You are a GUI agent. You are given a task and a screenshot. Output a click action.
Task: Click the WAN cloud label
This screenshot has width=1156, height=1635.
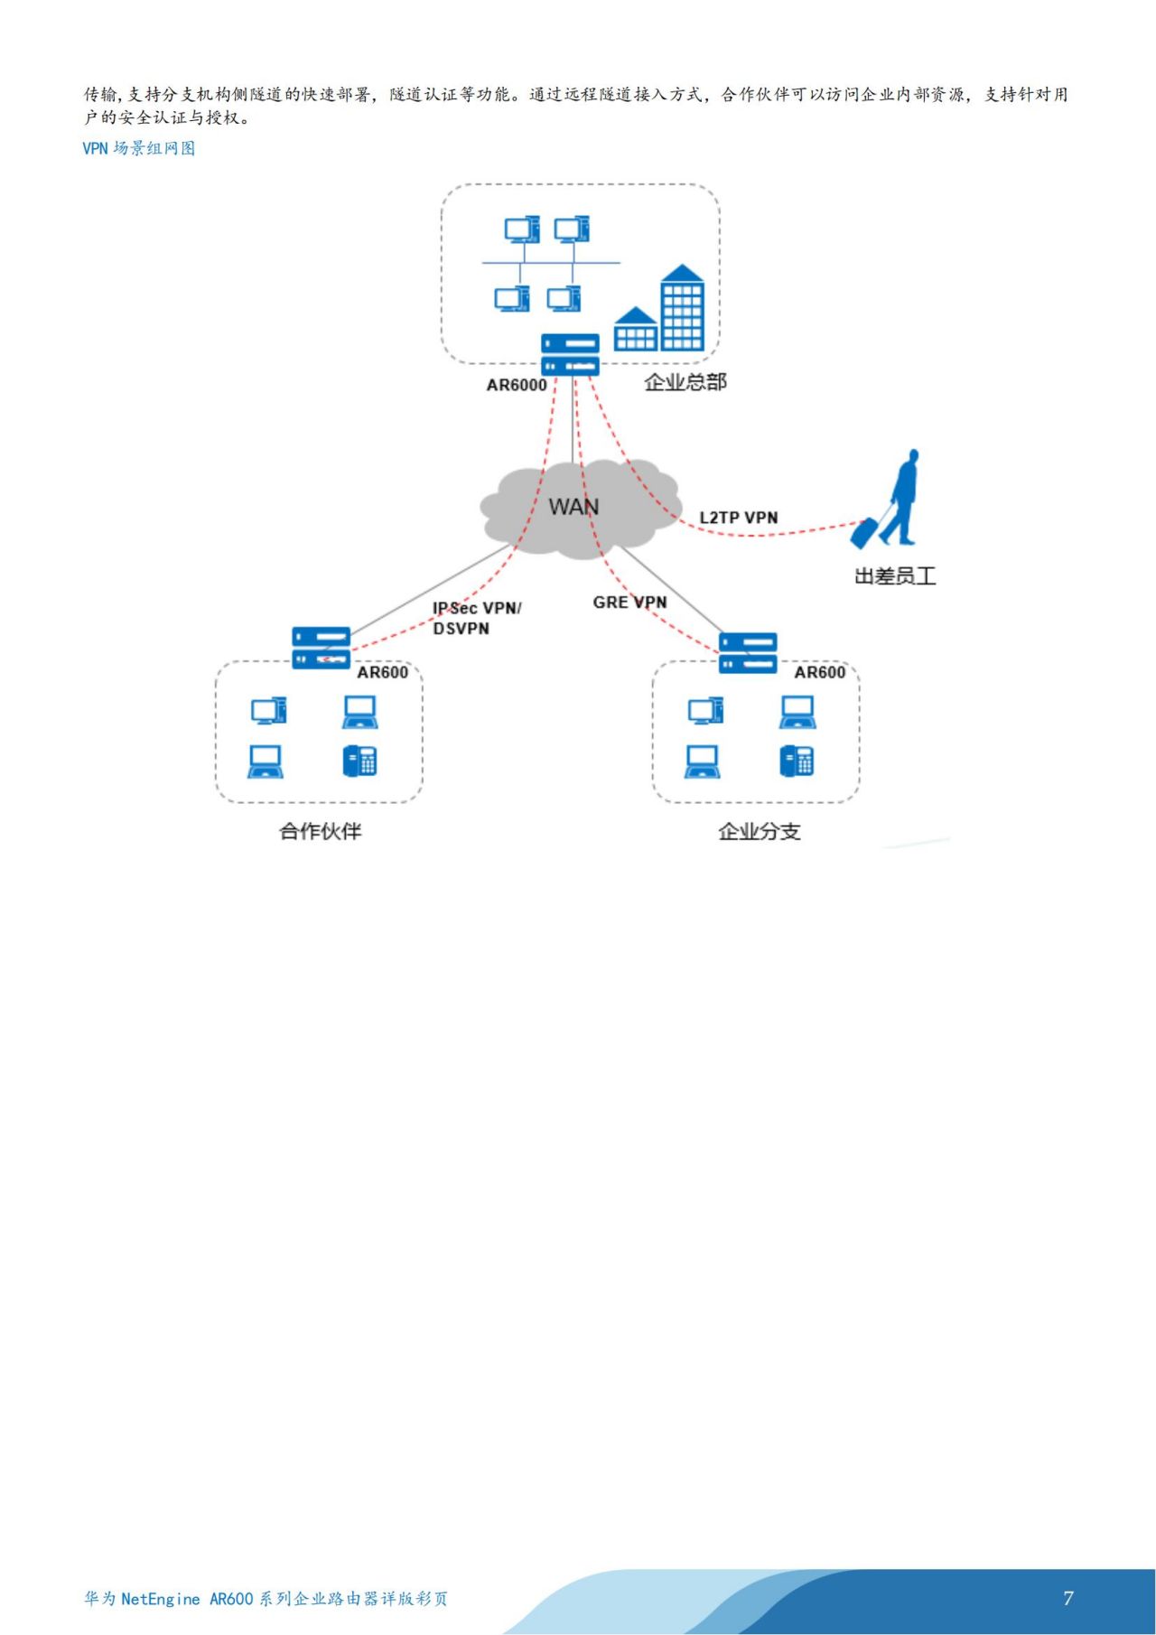573,507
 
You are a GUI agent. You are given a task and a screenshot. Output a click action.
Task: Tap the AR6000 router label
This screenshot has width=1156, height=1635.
517,385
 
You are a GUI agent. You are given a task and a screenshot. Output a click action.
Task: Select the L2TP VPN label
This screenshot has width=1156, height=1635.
738,518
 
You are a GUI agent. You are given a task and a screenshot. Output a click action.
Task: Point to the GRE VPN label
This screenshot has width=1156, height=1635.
629,603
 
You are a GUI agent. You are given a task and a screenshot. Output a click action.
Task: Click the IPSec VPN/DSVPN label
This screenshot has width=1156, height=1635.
476,618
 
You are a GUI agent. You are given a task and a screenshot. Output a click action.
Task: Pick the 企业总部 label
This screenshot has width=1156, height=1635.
685,382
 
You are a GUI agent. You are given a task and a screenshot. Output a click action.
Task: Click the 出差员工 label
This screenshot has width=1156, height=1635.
894,576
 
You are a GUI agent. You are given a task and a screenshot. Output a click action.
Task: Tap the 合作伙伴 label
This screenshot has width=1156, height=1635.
320,831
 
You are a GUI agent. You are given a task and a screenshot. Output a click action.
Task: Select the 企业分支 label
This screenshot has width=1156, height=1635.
759,831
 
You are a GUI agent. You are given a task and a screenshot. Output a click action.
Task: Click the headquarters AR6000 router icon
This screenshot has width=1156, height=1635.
570,355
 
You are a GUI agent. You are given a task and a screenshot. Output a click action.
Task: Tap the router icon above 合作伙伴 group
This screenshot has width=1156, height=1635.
321,649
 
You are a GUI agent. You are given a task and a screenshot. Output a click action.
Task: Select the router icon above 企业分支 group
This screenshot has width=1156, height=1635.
748,653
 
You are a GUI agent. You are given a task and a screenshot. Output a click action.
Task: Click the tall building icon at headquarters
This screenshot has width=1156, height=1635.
682,308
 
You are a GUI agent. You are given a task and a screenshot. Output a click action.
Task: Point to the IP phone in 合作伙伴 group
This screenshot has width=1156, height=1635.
359,761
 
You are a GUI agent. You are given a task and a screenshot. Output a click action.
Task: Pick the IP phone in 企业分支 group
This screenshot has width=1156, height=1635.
797,761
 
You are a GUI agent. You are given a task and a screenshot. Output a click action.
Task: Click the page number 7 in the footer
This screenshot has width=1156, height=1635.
1068,1598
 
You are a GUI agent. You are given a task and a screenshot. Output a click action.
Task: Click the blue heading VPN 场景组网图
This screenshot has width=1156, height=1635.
139,148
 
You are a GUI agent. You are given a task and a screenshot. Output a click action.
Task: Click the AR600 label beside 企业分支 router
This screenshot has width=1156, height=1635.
819,672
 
